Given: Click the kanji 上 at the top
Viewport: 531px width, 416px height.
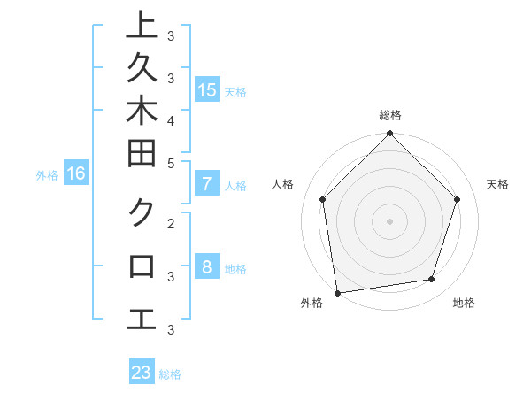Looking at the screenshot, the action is [142, 25].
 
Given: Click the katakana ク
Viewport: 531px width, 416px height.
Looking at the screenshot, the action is [142, 212].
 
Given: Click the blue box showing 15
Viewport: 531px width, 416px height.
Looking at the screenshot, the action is [206, 89].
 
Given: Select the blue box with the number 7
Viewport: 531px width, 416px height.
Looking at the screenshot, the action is [206, 185].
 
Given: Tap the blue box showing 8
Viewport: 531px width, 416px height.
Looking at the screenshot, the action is [206, 267].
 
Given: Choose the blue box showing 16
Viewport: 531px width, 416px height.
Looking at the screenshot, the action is [76, 173].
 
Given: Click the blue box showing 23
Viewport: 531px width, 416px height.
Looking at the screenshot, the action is [142, 373].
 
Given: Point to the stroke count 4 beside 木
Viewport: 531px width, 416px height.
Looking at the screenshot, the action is [170, 119].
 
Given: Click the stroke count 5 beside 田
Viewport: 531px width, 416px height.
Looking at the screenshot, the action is [170, 163].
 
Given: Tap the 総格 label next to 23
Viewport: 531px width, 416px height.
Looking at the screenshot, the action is [170, 374].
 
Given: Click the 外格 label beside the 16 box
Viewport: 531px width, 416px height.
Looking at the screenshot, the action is [47, 175].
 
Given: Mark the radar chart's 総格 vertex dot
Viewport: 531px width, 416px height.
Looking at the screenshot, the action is [389, 135].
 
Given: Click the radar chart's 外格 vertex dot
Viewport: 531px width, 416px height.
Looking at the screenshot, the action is [337, 292].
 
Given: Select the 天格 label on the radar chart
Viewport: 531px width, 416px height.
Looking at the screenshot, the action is [497, 184].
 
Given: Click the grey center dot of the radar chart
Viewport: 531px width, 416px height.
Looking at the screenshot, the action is [389, 220].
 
